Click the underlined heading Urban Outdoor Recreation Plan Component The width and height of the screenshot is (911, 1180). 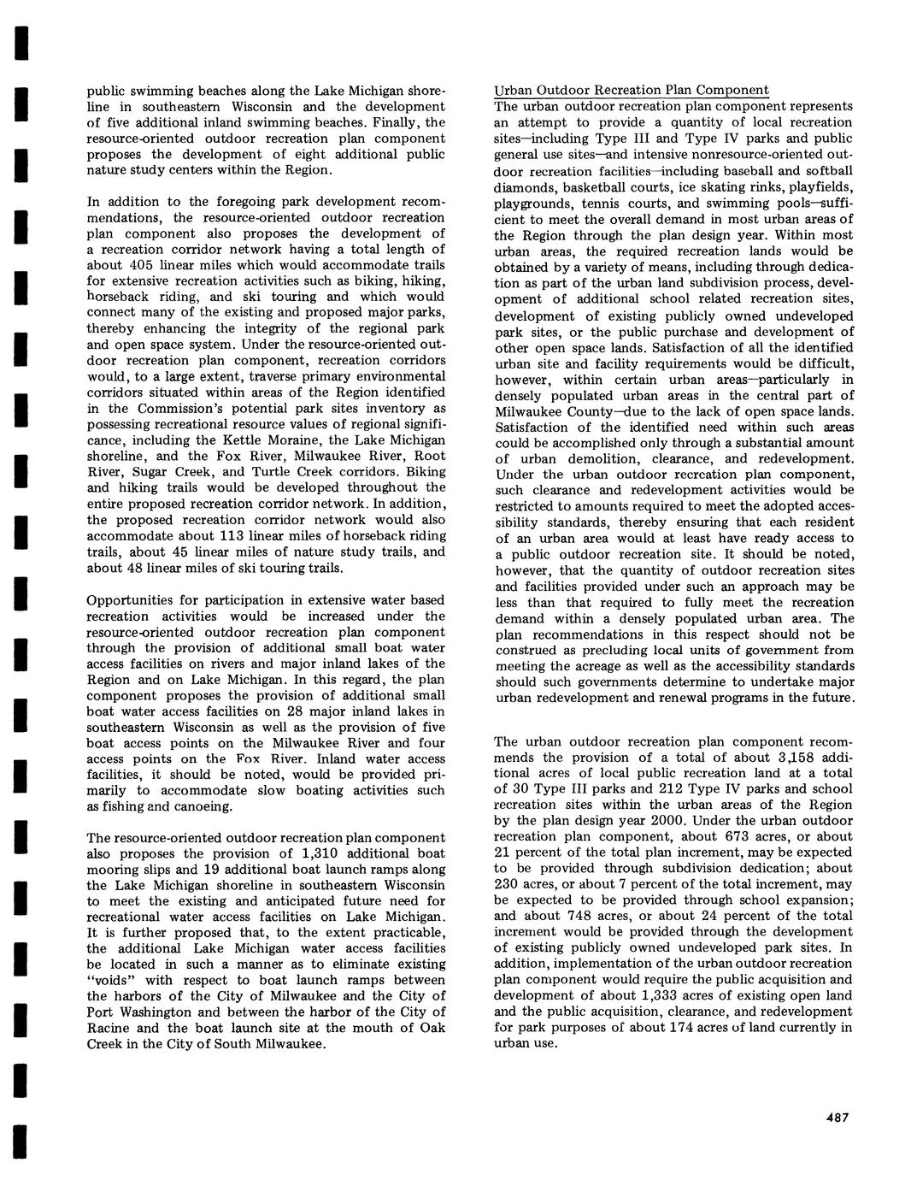(x=632, y=91)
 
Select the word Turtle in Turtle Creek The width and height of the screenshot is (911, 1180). (x=279, y=472)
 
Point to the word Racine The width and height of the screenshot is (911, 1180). (x=108, y=1029)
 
